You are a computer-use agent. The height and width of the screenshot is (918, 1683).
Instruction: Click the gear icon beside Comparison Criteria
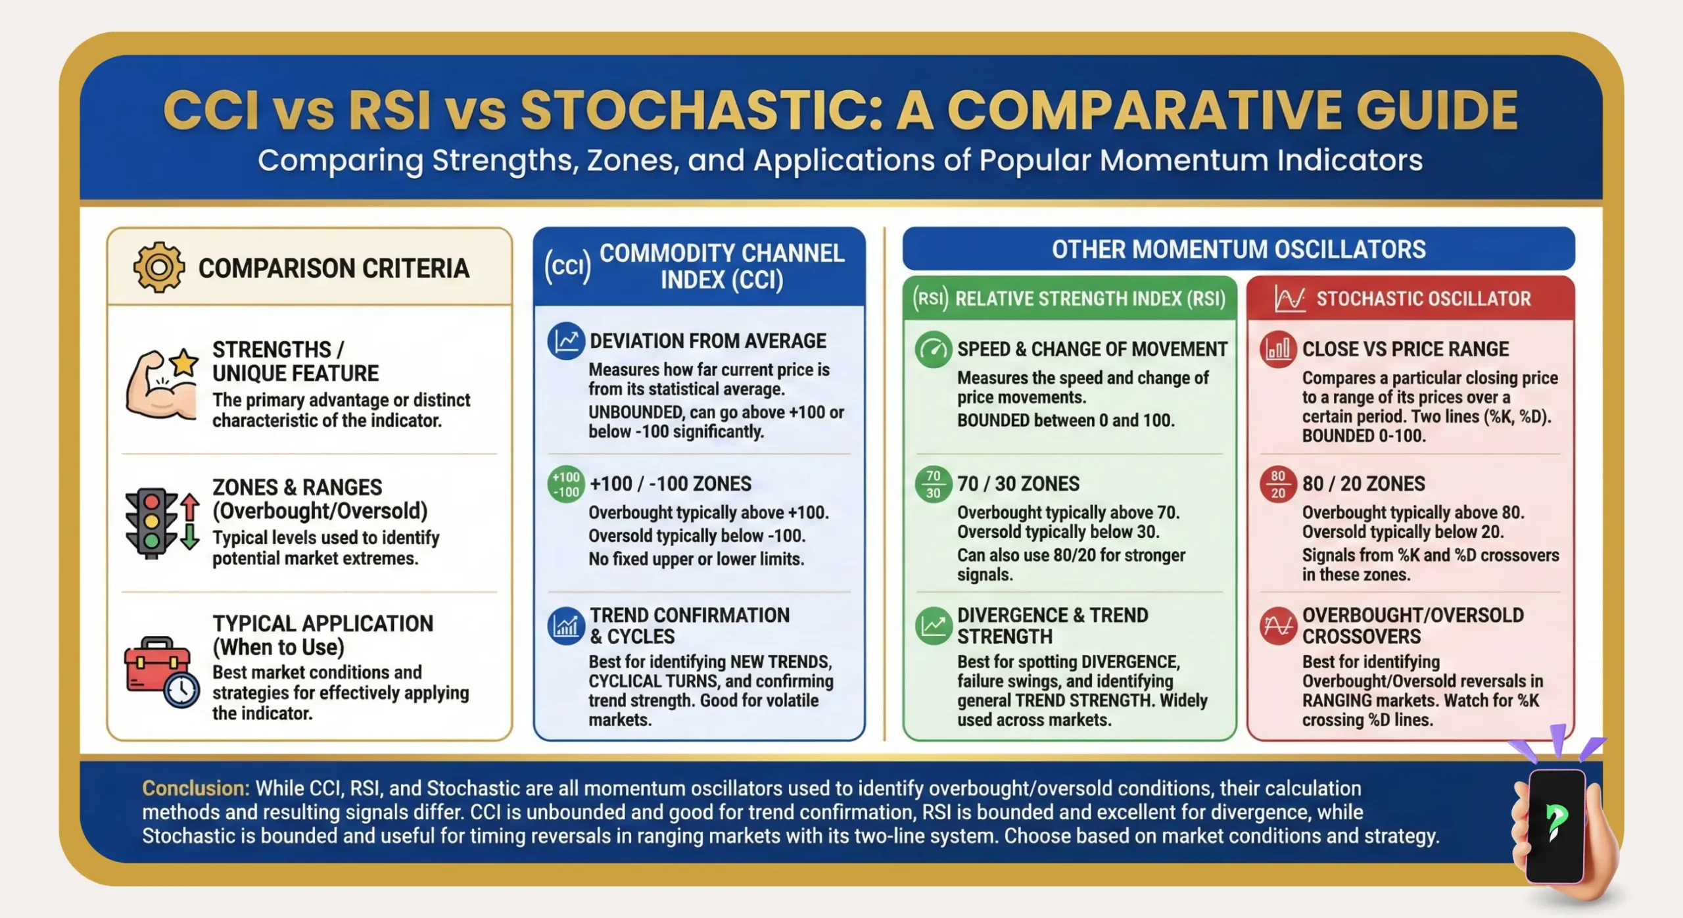(x=158, y=267)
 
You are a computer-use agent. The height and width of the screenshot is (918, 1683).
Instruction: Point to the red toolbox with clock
(x=160, y=671)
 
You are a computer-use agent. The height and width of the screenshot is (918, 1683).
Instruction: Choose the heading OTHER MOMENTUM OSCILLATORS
(x=1238, y=249)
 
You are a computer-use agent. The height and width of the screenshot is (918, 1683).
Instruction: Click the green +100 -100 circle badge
(x=566, y=485)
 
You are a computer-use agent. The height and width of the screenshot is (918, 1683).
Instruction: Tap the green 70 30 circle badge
(x=933, y=485)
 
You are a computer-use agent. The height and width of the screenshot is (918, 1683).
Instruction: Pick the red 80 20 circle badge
(x=1277, y=485)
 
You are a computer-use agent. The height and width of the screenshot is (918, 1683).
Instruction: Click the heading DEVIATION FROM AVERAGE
(x=707, y=341)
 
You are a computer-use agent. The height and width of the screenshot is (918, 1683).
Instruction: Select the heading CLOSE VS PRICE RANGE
(x=1405, y=349)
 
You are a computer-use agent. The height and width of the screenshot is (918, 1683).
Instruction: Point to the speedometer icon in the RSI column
(x=933, y=349)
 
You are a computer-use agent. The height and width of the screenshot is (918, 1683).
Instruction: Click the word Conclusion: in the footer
(x=195, y=788)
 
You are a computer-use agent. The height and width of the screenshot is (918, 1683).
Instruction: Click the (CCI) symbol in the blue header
(x=567, y=267)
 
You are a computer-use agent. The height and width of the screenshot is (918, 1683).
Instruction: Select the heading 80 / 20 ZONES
(x=1363, y=484)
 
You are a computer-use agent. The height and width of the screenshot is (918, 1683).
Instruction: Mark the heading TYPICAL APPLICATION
(x=322, y=623)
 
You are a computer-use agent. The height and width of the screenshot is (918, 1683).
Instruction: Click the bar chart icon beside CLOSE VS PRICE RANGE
(x=1277, y=349)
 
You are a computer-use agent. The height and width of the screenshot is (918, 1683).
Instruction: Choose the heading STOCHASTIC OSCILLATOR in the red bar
(x=1423, y=299)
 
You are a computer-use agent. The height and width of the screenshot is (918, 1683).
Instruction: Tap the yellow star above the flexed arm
(x=185, y=362)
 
